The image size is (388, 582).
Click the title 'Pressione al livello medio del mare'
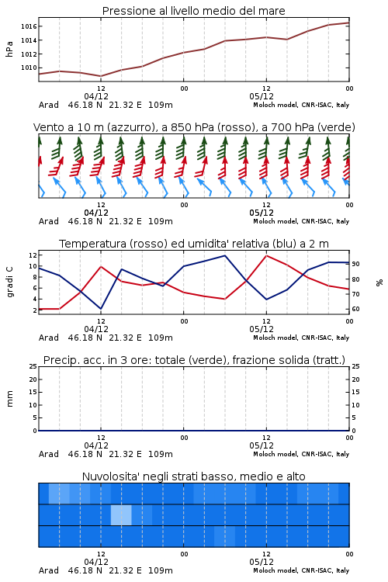click(x=193, y=11)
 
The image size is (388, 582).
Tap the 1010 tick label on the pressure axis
click(x=29, y=68)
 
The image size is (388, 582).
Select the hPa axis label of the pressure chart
click(x=9, y=49)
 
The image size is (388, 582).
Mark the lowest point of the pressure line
click(x=101, y=76)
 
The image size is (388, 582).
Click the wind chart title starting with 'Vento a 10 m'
click(x=194, y=127)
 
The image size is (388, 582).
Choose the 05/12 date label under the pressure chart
click(x=262, y=96)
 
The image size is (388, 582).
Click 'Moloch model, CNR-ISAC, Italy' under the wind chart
click(x=301, y=221)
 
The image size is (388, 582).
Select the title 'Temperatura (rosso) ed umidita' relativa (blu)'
click(x=194, y=244)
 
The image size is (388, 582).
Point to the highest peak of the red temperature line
click(x=266, y=256)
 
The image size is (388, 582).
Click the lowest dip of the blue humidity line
click(x=101, y=309)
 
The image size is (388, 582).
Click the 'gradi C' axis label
click(x=9, y=282)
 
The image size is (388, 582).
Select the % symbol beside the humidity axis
click(x=379, y=282)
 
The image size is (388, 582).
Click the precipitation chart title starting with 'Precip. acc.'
click(x=194, y=360)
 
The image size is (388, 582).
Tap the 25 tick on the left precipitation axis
click(x=33, y=366)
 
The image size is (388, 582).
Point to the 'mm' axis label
click(x=9, y=399)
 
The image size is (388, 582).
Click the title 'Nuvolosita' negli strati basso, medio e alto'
click(x=193, y=476)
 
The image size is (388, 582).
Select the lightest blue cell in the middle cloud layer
click(x=121, y=514)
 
